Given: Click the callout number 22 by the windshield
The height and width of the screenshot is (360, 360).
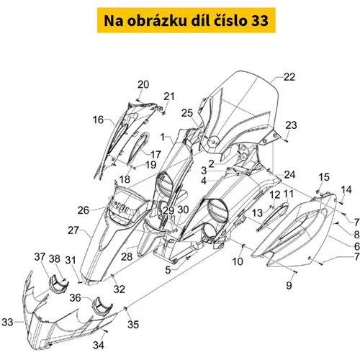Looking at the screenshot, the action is tap(289, 77).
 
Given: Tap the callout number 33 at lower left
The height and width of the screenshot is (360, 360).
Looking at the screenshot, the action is tap(7, 322).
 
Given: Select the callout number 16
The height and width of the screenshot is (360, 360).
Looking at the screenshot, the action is tap(98, 120).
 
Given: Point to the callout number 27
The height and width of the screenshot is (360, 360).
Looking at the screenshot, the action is tap(73, 230).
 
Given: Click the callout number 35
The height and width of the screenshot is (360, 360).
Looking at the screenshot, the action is tap(133, 325).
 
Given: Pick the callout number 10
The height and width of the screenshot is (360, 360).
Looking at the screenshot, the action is tap(238, 261).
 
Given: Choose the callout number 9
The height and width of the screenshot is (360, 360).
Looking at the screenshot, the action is tap(289, 285).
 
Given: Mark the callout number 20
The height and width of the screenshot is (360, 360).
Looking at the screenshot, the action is tap(143, 84).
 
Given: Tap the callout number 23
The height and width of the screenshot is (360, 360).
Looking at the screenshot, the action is tap(291, 125).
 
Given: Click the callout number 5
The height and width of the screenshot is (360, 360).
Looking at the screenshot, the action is tap(168, 270).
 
